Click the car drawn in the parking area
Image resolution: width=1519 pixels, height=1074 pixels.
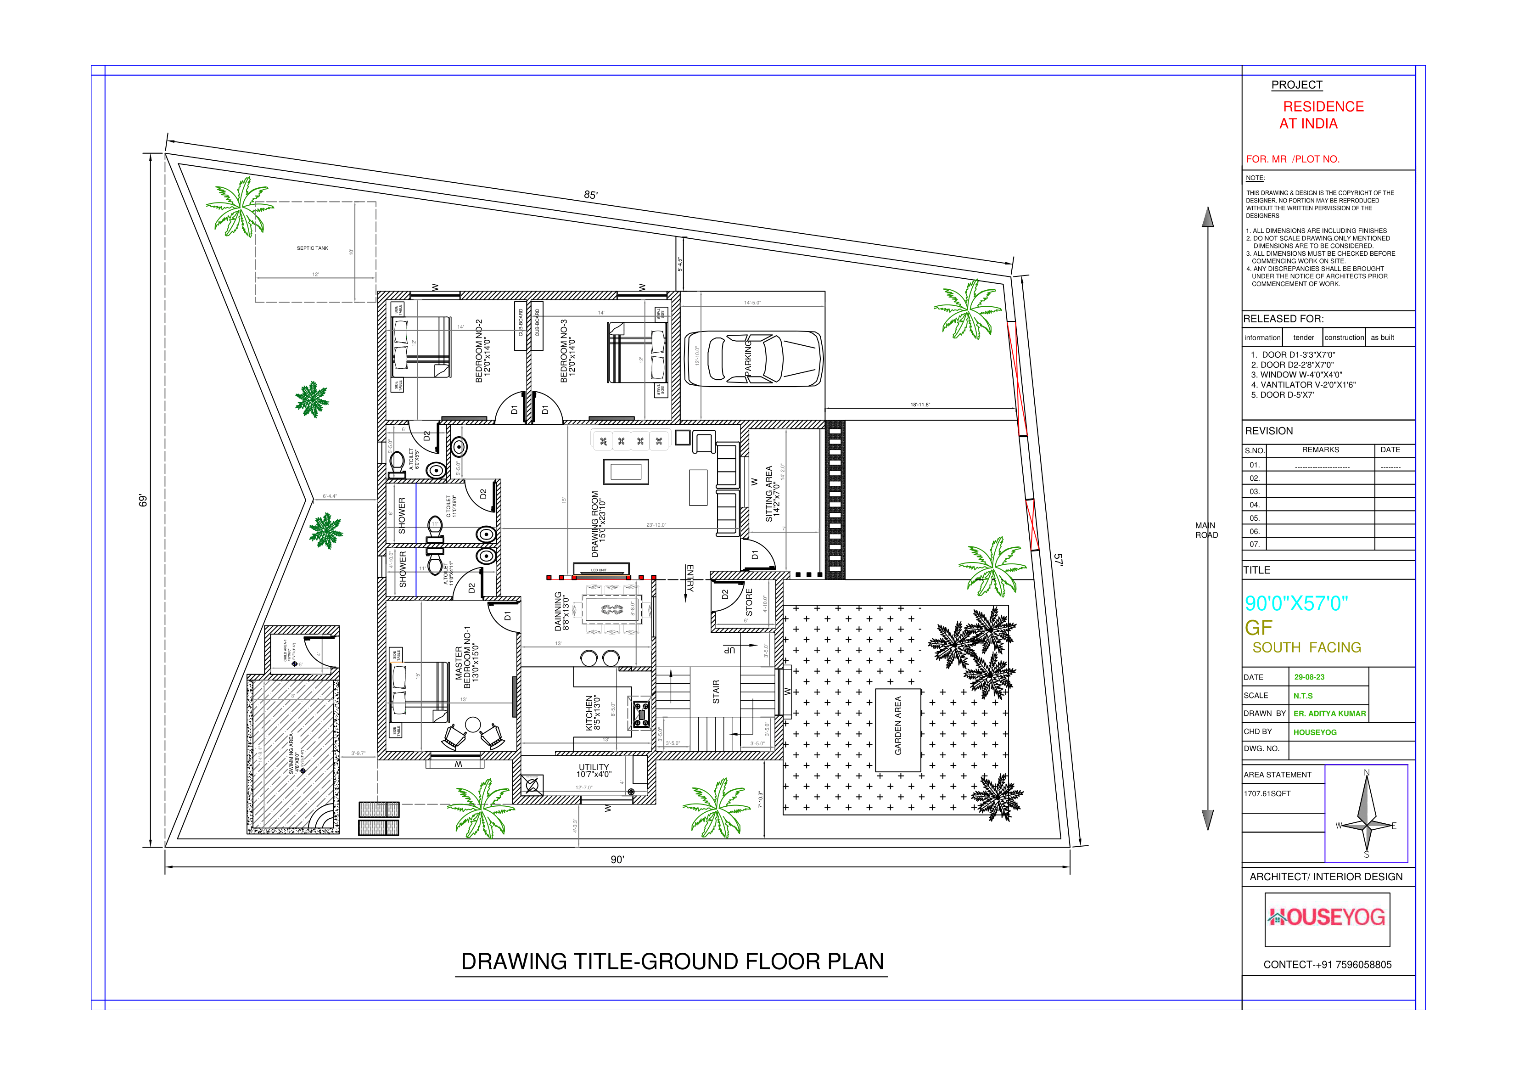pyautogui.click(x=753, y=359)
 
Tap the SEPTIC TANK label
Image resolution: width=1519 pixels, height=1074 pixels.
pyautogui.click(x=312, y=248)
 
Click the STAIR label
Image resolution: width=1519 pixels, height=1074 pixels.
pyautogui.click(x=716, y=691)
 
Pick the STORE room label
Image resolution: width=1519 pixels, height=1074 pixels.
pyautogui.click(x=749, y=602)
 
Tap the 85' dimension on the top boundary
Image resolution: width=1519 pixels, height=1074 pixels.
pyautogui.click(x=591, y=195)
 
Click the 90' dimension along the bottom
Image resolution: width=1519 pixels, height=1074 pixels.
pyautogui.click(x=617, y=859)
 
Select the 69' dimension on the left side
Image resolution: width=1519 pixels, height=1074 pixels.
pyautogui.click(x=142, y=500)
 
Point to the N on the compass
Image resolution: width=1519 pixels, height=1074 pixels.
pyautogui.click(x=1366, y=772)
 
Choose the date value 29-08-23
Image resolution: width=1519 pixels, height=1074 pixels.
pyautogui.click(x=1309, y=677)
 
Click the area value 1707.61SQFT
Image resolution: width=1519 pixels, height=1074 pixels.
pyautogui.click(x=1267, y=793)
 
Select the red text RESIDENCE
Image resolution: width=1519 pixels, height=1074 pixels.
pyautogui.click(x=1323, y=107)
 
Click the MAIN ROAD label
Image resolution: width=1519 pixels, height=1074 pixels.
pyautogui.click(x=1206, y=530)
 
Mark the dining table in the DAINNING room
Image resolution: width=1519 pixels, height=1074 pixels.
pyautogui.click(x=611, y=609)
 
